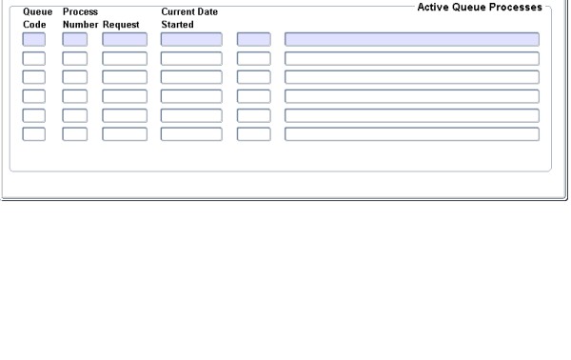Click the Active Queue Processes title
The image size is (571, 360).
coord(480,7)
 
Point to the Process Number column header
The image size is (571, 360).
coord(80,18)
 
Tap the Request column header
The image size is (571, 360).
coord(121,24)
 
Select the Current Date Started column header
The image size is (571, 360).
coord(189,18)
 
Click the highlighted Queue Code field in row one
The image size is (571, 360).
coord(33,40)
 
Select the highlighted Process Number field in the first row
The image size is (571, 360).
coord(74,40)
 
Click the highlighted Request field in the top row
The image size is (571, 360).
coord(125,40)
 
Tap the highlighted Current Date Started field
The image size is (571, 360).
coord(190,40)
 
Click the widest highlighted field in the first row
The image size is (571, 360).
coord(411,40)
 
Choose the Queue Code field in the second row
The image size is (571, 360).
coord(33,58)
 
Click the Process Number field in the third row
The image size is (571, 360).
coord(74,77)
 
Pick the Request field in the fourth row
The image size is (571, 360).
coord(125,96)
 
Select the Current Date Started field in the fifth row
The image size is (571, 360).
coord(190,115)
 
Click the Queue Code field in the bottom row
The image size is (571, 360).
coord(33,133)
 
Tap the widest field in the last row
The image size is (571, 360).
coord(411,133)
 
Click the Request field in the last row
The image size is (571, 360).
coord(125,133)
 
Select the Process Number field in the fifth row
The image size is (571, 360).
coord(74,115)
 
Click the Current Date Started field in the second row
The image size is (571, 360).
coord(190,58)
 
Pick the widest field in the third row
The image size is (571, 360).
coord(411,77)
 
